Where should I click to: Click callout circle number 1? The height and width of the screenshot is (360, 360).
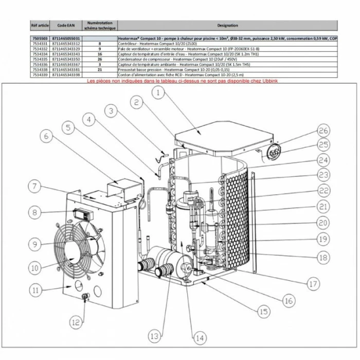pos(158,93)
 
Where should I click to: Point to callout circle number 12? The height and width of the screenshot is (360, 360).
pos(76,323)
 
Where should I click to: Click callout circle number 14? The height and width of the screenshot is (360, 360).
pos(199,338)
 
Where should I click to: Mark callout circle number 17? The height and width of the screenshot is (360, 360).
pos(313,282)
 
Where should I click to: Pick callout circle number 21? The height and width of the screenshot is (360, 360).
pos(322,207)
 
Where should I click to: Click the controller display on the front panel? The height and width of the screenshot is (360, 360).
pos(82,212)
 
